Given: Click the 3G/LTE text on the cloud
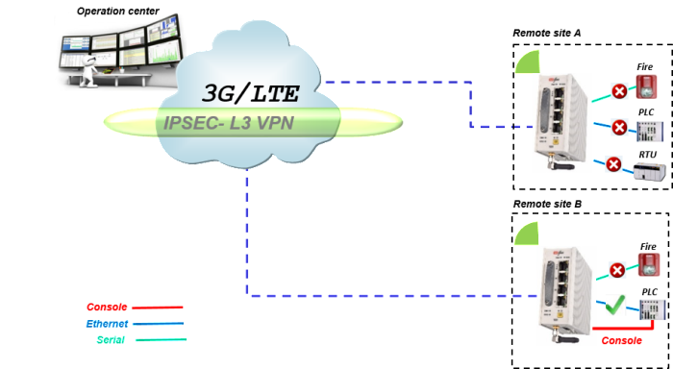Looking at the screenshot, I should tap(251, 93).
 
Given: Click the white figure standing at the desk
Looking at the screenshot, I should tap(87, 69).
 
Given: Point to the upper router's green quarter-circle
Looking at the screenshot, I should tap(528, 62).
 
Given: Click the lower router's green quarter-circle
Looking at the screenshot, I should tap(527, 234).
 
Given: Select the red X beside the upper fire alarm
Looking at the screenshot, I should tap(620, 91).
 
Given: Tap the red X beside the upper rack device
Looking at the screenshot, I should tap(620, 128).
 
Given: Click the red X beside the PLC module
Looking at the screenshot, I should tap(613, 164).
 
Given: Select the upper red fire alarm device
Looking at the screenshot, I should tap(647, 88).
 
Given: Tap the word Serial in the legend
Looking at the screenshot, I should tap(112, 339).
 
